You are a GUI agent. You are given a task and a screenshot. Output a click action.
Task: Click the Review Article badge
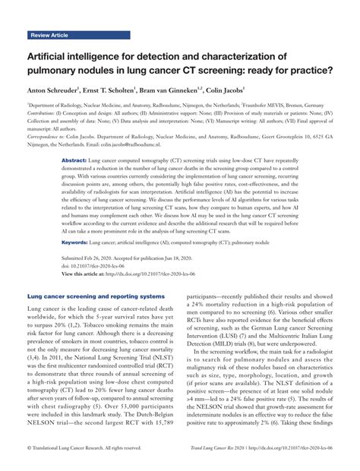pyautogui.click(x=50, y=35)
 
